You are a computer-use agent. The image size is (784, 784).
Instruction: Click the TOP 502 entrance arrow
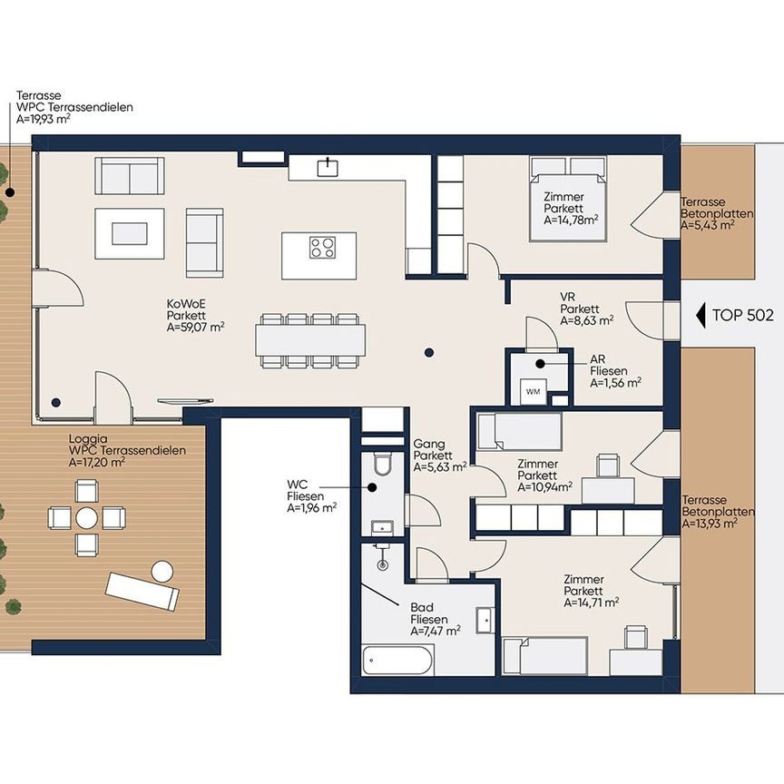click(x=701, y=315)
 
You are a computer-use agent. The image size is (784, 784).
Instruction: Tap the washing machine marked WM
click(x=533, y=391)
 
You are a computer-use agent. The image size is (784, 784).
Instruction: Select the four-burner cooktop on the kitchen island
click(x=322, y=248)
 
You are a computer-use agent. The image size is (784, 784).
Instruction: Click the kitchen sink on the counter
click(x=328, y=168)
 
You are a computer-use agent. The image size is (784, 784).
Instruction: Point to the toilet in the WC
click(x=384, y=464)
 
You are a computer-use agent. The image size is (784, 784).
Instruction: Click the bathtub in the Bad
click(x=398, y=660)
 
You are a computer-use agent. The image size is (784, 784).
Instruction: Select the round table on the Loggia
click(x=87, y=518)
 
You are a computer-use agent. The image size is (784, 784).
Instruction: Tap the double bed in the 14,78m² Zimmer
click(x=568, y=199)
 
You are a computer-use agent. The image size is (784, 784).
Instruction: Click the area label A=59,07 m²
click(x=195, y=328)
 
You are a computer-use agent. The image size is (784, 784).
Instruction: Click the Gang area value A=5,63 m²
click(x=440, y=467)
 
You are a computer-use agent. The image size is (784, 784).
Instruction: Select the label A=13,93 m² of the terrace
click(x=710, y=524)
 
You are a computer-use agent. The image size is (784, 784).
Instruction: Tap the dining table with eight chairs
click(x=310, y=340)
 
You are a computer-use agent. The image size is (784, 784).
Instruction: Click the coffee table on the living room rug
click(x=130, y=233)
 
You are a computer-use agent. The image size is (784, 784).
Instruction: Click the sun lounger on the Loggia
click(x=142, y=591)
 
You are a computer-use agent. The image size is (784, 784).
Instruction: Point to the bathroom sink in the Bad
click(x=485, y=621)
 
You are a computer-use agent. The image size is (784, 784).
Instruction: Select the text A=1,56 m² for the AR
click(x=616, y=383)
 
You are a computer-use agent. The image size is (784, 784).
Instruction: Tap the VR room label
click(x=567, y=297)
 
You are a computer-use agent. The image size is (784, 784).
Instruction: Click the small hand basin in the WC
click(x=382, y=527)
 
